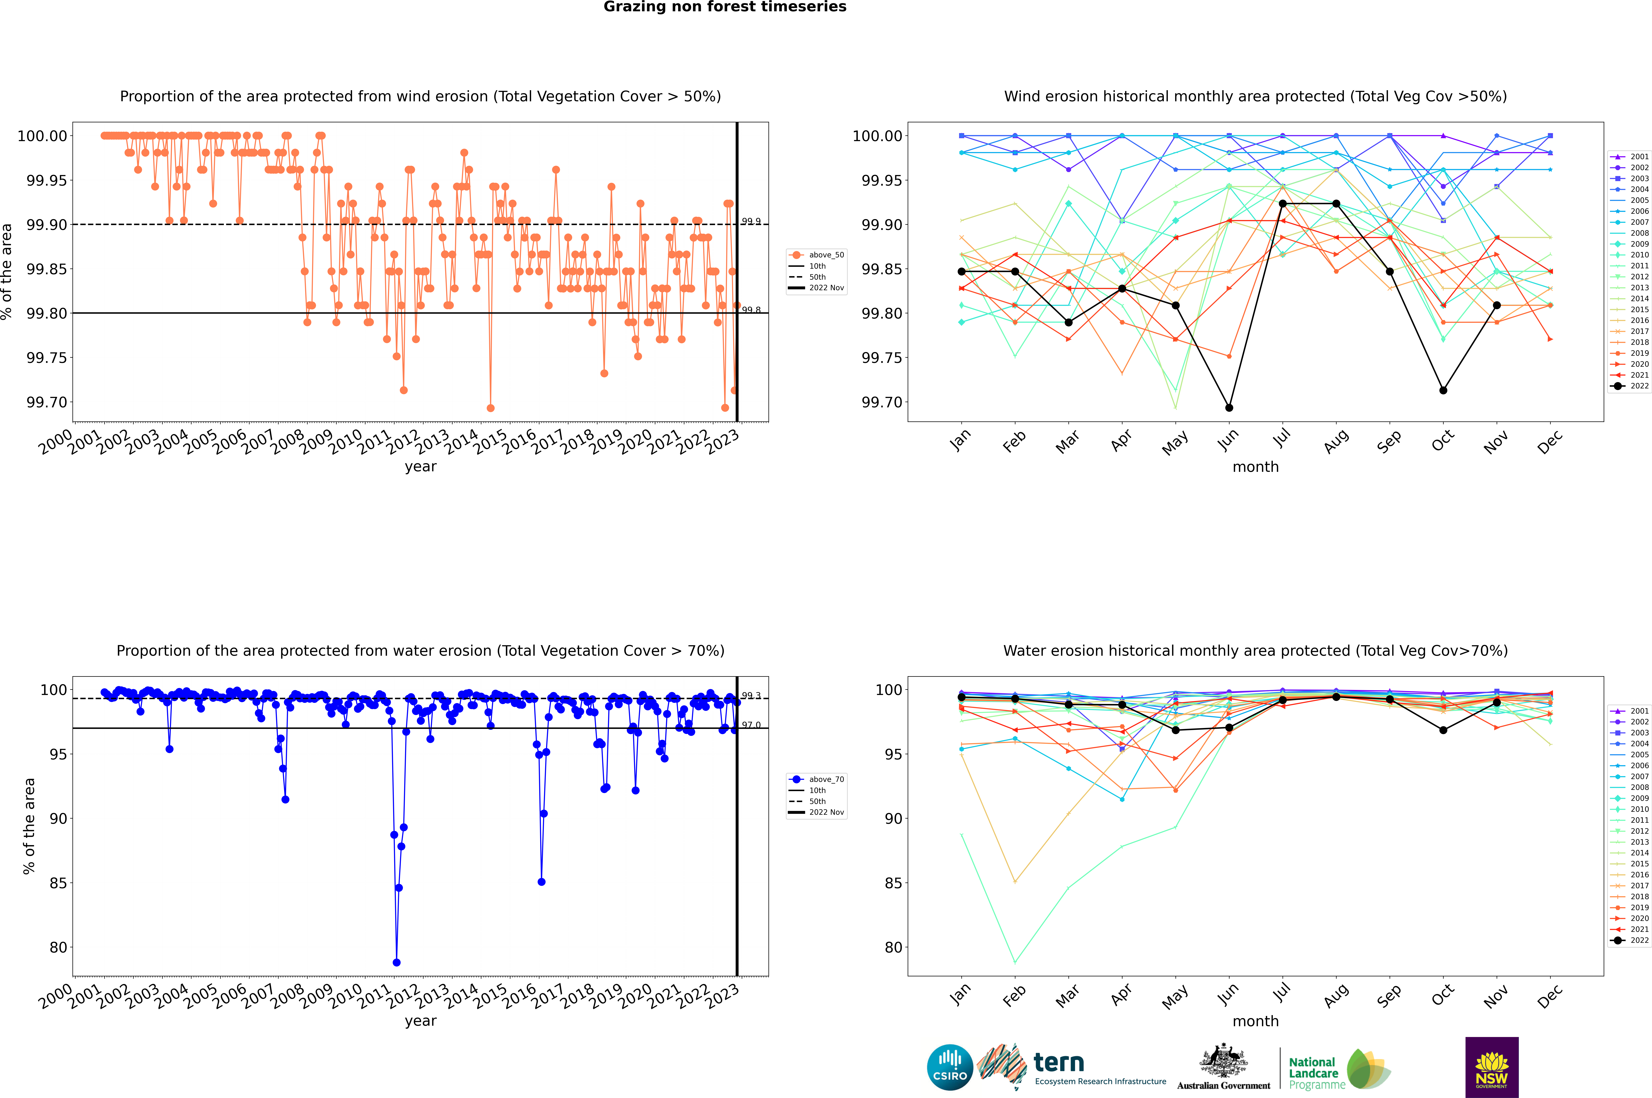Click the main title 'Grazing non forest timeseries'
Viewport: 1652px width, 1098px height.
[725, 7]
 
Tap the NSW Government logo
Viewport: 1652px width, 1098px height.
[1492, 1067]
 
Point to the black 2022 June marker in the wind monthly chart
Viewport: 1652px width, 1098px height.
[1229, 408]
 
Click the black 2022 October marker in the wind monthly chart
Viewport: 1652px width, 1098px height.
[1443, 390]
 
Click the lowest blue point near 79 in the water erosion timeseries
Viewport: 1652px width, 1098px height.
[396, 962]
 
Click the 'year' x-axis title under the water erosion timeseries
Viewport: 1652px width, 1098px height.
[420, 1021]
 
